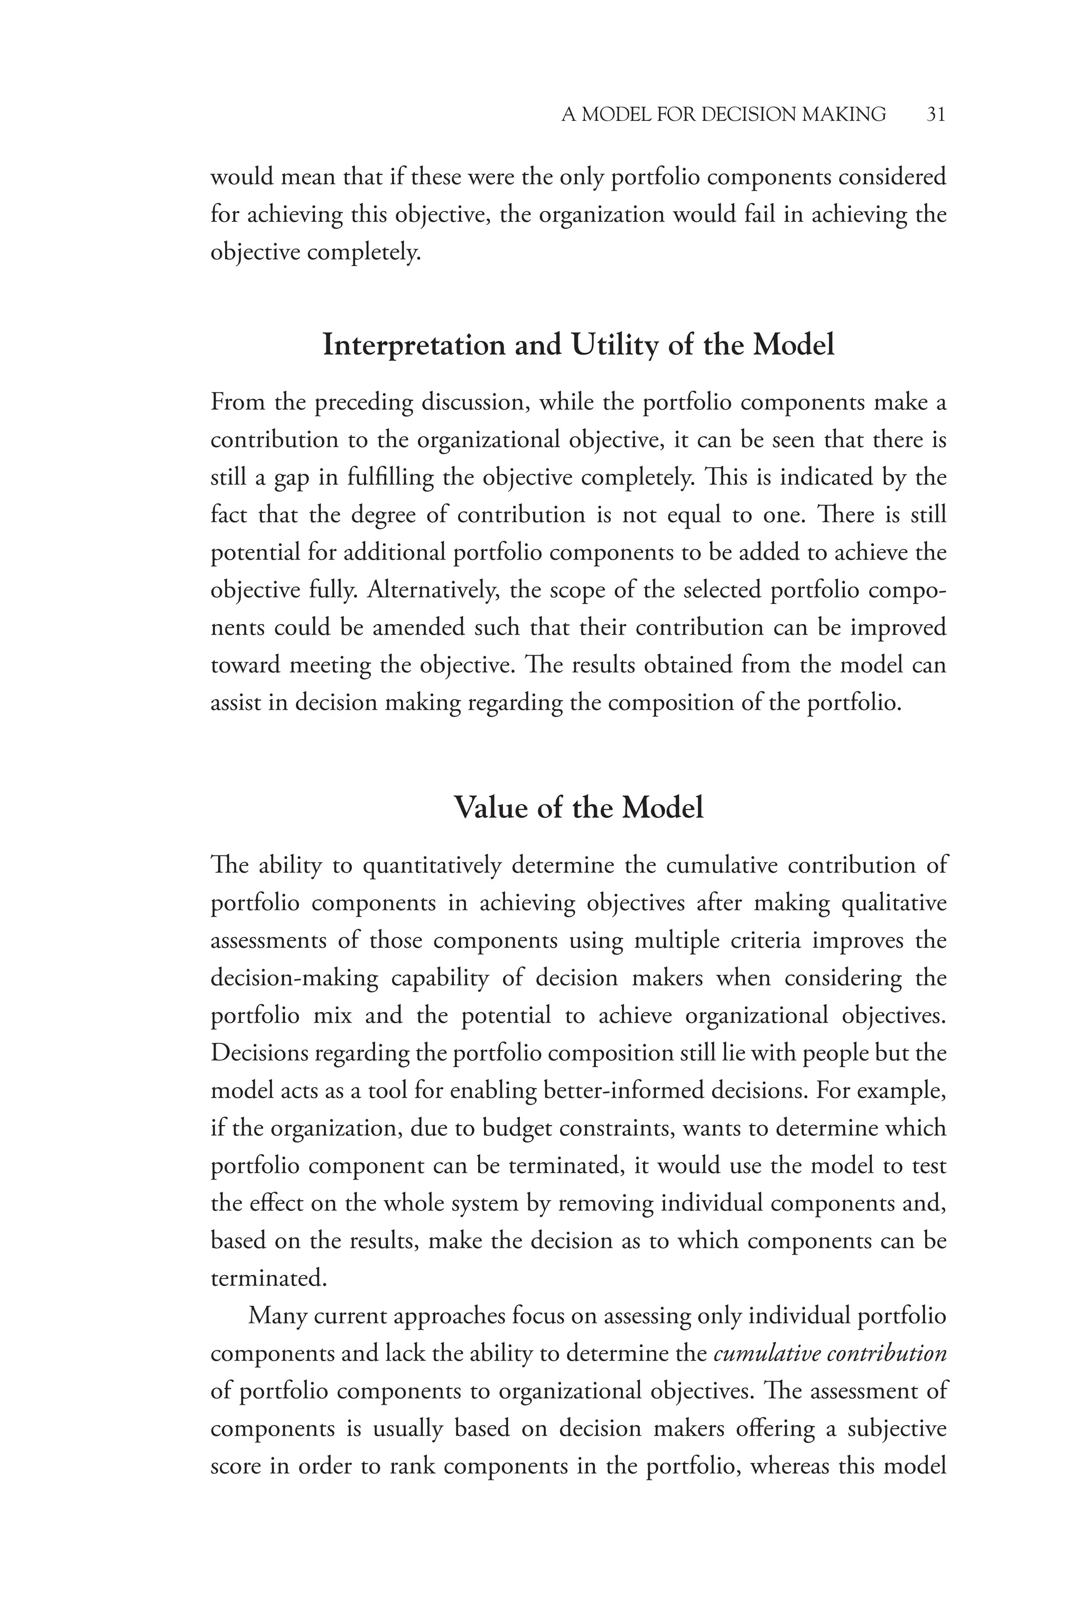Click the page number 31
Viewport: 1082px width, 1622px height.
(935, 115)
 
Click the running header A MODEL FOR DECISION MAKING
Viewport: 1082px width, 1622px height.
(723, 115)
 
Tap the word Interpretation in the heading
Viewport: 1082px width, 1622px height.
(417, 345)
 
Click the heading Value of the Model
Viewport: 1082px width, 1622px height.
(579, 807)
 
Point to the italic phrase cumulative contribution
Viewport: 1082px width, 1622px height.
(829, 1353)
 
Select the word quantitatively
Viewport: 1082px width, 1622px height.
(432, 865)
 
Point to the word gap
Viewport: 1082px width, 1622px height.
(288, 478)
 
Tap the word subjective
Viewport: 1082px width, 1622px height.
(897, 1428)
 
